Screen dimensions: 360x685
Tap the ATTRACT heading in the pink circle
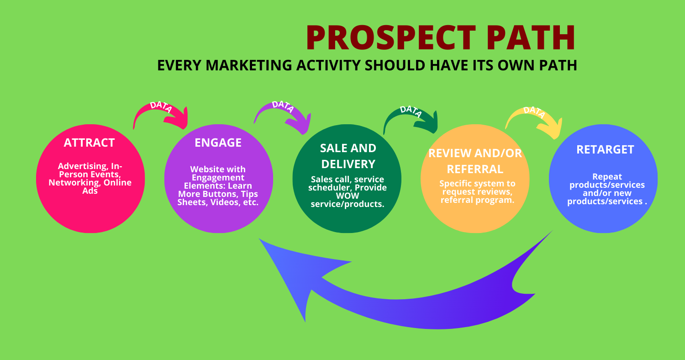(89, 143)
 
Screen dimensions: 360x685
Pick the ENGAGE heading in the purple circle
(218, 143)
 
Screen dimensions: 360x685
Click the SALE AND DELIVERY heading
(348, 156)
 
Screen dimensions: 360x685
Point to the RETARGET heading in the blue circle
(605, 149)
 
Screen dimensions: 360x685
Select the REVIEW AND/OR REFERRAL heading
(475, 161)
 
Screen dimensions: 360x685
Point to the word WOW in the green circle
(347, 196)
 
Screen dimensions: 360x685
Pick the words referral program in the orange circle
(475, 200)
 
